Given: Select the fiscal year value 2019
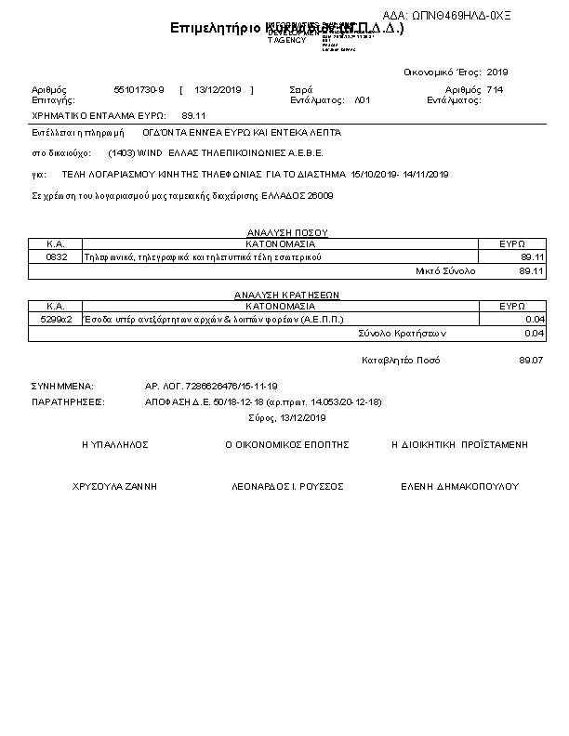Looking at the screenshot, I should (497, 72).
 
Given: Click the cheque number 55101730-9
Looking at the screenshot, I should (139, 89).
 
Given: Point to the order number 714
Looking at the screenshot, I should (495, 89).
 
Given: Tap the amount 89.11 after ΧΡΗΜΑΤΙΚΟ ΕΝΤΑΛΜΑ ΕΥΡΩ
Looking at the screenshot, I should (193, 116).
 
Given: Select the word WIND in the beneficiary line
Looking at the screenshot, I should (150, 153).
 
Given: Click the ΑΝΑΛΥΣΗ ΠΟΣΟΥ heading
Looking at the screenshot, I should (287, 232).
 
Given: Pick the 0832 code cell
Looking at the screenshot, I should (56, 256).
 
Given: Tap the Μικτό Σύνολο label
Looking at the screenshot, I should (444, 270).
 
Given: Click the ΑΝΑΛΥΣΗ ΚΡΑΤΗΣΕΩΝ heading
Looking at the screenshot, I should (287, 295).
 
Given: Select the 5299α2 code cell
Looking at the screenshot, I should (56, 319).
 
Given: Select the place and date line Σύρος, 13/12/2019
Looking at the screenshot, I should (287, 418).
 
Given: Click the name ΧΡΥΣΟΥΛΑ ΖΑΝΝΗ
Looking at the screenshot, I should (115, 486).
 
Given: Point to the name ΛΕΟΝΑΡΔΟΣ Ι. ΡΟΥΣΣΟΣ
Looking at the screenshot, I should (287, 486).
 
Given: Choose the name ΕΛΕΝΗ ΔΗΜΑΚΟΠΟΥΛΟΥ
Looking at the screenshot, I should (459, 486).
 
